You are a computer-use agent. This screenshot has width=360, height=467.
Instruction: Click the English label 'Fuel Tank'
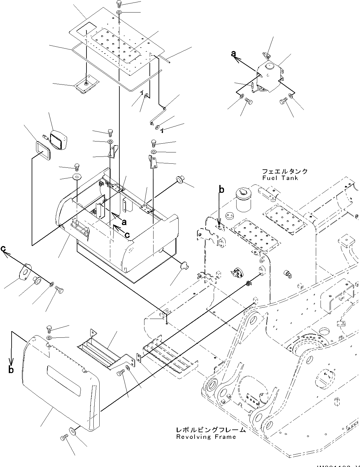pyautogui.click(x=280, y=178)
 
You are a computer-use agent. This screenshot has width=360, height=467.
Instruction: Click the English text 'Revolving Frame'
pyautogui.click(x=206, y=437)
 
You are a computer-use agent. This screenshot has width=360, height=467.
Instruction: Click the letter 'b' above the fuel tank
pyautogui.click(x=221, y=190)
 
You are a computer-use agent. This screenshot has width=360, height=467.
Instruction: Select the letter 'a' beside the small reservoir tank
pyautogui.click(x=233, y=54)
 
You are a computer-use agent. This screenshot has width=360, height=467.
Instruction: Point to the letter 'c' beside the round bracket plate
pyautogui.click(x=3, y=248)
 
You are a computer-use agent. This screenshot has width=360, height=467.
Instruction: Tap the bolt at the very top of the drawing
pyautogui.click(x=120, y=3)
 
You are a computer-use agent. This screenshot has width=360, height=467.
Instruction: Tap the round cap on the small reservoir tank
pyautogui.click(x=269, y=66)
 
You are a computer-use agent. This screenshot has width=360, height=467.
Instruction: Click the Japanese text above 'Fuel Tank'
pyautogui.click(x=284, y=172)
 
